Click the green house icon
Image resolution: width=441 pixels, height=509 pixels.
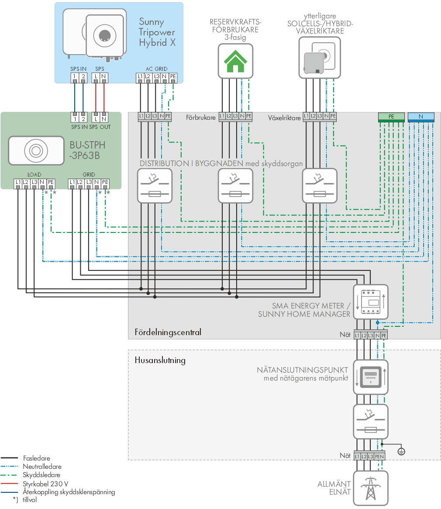(235, 61)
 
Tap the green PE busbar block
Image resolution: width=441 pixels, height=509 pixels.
(391, 117)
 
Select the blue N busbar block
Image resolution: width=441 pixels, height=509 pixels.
(421, 117)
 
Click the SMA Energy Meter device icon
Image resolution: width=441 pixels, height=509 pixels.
(371, 302)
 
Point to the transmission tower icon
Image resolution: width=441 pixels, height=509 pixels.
(371, 488)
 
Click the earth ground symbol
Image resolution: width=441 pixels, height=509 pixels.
(401, 451)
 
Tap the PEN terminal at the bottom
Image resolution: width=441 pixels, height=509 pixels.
(379, 457)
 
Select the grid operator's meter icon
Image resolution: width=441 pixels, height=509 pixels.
(371, 377)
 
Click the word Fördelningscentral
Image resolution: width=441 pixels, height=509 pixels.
(168, 332)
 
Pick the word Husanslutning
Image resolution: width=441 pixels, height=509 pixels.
(160, 360)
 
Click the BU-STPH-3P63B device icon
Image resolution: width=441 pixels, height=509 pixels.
(36, 151)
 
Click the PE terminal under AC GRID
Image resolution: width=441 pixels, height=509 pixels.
(173, 77)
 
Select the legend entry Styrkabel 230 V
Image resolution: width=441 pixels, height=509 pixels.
(45, 484)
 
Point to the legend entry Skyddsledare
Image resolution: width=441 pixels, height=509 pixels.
(41, 475)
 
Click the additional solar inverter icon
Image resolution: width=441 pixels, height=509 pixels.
(320, 58)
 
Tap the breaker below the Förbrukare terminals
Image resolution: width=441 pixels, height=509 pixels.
(235, 186)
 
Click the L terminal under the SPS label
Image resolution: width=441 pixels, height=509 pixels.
(96, 77)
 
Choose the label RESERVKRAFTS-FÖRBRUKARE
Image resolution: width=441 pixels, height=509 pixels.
(235, 26)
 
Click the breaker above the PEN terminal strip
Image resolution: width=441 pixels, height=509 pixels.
(371, 422)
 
